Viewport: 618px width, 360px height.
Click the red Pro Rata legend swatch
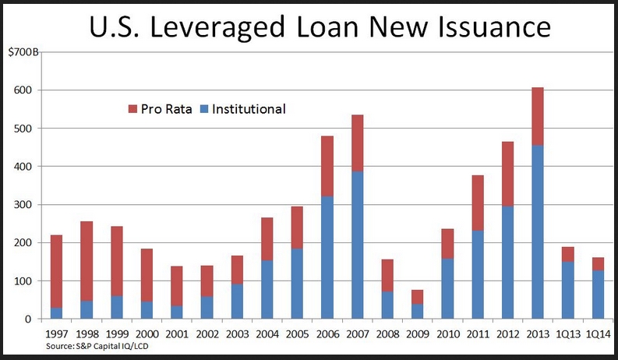click(132, 109)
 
